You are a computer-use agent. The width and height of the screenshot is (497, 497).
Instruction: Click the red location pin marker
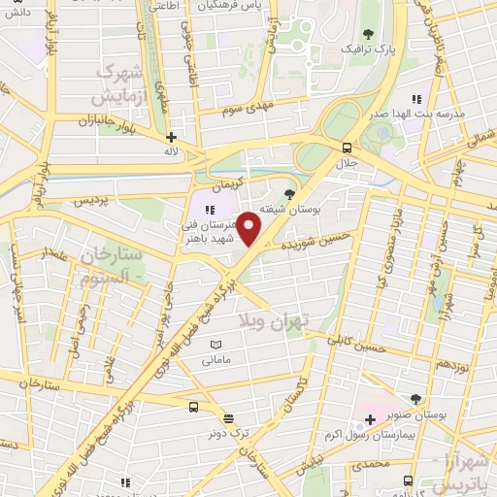coord(249,229)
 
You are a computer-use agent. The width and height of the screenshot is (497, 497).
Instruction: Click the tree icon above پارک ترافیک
coord(352,32)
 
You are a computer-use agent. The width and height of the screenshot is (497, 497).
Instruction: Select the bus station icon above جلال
coord(347,148)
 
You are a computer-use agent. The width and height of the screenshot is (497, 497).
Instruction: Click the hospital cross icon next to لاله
coord(171,138)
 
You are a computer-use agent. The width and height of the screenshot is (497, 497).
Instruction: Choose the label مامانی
coord(215,361)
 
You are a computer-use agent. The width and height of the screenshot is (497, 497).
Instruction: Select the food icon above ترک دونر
coord(229,418)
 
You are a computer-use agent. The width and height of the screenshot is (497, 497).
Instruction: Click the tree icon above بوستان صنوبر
coord(416,399)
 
